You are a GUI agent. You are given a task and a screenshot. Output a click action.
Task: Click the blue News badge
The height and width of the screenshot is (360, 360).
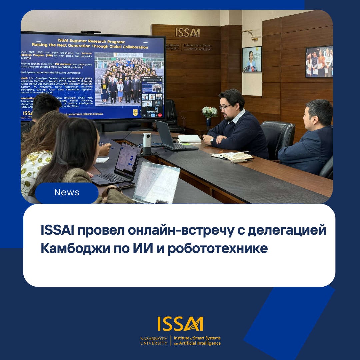coord(67,193)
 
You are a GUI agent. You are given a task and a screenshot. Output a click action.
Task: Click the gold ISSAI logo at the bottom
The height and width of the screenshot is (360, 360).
coord(180,324)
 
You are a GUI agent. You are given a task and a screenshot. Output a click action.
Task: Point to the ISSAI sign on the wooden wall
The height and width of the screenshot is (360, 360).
coord(188,32)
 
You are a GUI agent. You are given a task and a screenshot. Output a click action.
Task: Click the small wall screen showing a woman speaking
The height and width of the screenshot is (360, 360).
coord(252,59)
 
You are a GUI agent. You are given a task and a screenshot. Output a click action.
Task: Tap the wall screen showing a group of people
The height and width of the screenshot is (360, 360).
coord(319,62)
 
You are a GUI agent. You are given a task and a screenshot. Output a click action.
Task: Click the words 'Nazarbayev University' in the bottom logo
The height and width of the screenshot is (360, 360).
coord(154,340)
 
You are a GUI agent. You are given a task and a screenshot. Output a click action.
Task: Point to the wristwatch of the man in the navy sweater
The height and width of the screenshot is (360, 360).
coord(212,141)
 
